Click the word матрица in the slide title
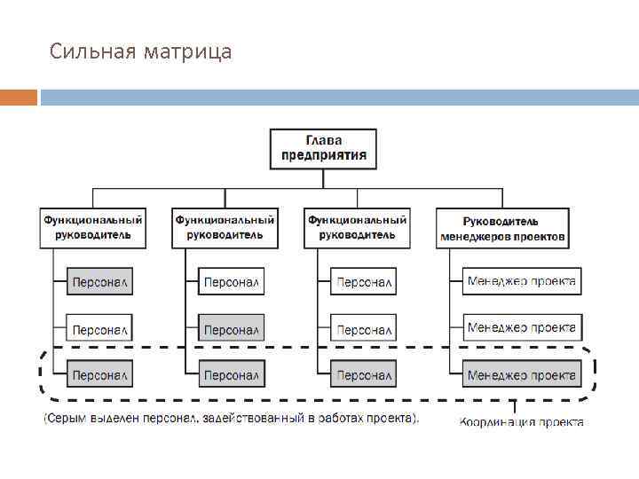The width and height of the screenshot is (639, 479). point(192,52)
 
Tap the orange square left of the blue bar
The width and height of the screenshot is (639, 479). point(19,97)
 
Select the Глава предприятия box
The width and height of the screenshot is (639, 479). point(323,148)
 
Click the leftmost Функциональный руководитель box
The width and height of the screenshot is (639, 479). point(92,227)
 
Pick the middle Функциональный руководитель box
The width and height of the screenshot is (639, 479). point(225,227)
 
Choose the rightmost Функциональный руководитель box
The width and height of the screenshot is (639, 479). point(357,227)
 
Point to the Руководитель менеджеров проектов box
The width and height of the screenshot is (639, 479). point(502,228)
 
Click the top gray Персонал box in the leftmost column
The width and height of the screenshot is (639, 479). point(100,282)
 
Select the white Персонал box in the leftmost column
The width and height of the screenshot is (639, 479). point(100,329)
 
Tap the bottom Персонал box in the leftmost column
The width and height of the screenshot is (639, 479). point(100,375)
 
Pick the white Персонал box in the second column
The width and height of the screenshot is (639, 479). point(231,282)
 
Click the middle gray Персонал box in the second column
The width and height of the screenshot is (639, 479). point(231,329)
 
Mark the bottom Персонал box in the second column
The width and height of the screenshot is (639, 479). point(231,375)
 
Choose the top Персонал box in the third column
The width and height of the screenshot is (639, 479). point(363,282)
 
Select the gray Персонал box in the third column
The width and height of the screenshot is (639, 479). point(363,375)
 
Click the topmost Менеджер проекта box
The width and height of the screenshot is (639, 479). point(522,281)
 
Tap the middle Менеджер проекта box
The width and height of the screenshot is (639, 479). point(522,328)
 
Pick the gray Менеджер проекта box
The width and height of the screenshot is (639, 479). point(522,375)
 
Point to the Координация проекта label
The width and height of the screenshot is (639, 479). point(521,422)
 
